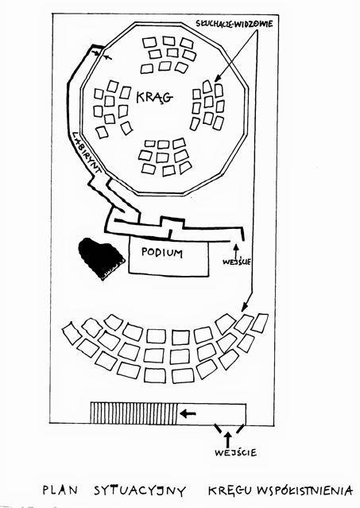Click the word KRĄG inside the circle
tap(154, 97)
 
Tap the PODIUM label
tap(162, 252)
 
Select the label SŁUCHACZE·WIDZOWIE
tap(234, 23)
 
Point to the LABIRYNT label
tap(86, 152)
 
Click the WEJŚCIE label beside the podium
tap(236, 262)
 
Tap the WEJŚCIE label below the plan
tap(235, 452)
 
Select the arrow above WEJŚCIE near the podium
tap(236, 250)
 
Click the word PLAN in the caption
tap(60, 490)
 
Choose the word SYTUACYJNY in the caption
tap(140, 491)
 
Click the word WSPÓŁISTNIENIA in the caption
tap(304, 491)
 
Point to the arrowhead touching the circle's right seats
tap(217, 78)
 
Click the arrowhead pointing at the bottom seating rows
tap(245, 307)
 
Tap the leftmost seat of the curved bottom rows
tap(72, 333)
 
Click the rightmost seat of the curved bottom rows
tap(260, 323)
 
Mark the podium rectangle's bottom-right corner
tap(208, 276)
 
